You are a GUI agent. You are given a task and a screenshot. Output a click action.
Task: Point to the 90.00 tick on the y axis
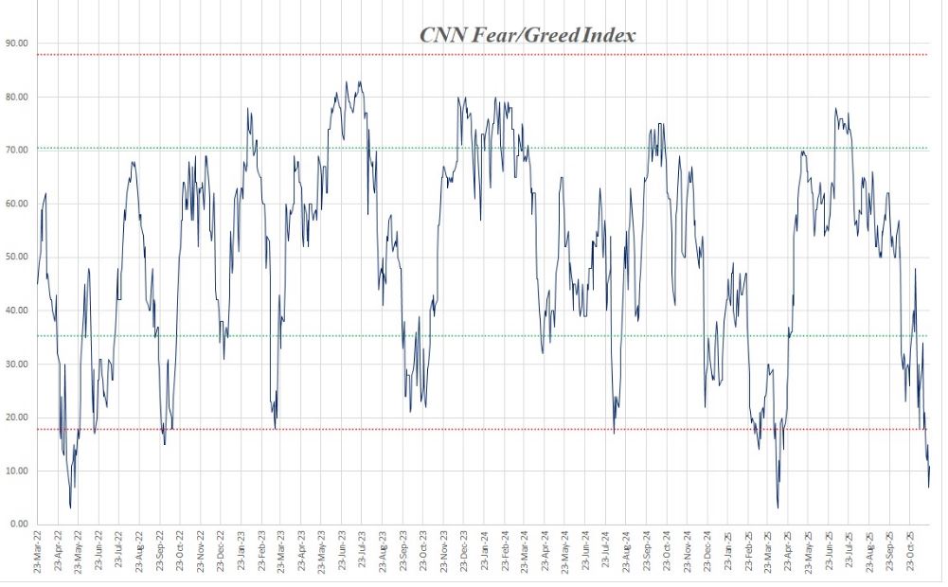click(x=17, y=43)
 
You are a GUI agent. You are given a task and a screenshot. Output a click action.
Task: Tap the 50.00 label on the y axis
click(x=17, y=257)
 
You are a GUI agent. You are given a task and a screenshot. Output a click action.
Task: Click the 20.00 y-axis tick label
click(x=17, y=417)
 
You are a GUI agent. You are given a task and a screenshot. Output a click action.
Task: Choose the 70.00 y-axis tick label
click(x=17, y=150)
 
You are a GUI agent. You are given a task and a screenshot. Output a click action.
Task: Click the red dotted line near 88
click(x=474, y=55)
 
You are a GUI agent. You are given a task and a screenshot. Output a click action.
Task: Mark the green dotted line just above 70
click(x=474, y=148)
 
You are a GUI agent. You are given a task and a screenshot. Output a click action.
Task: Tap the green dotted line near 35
click(x=474, y=336)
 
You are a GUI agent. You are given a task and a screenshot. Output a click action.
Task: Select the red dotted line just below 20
click(x=474, y=430)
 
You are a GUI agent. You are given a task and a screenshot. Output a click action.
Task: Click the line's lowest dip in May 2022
click(x=70, y=507)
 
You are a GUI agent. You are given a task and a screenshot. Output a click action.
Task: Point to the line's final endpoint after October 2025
click(x=930, y=466)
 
